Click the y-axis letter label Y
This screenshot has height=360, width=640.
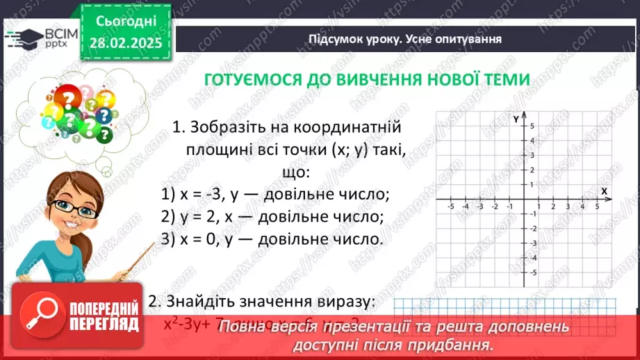click(516, 118)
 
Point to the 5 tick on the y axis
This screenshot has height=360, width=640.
click(532, 126)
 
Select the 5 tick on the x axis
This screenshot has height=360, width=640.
click(597, 207)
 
